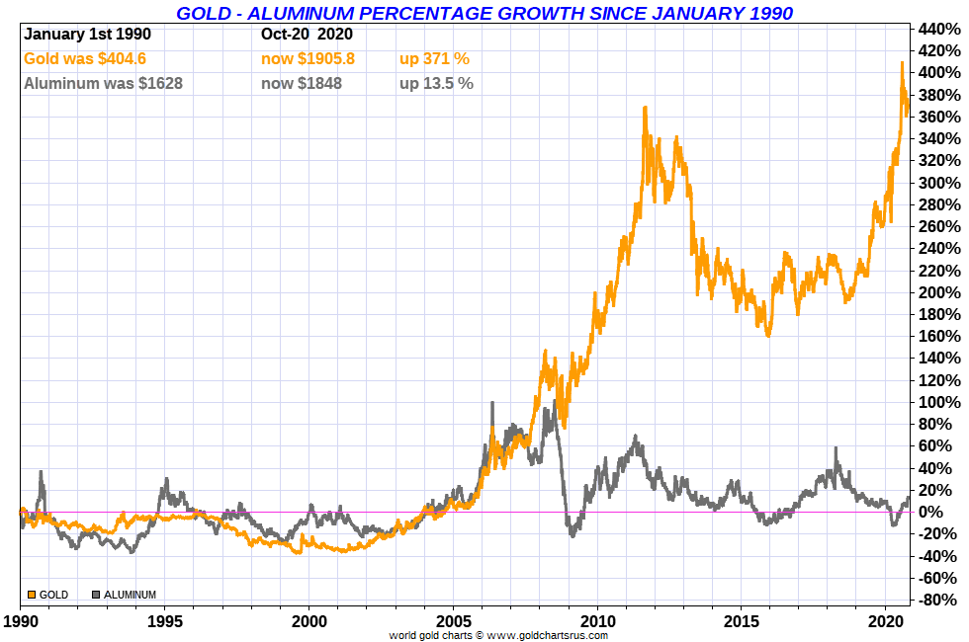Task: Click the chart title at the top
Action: tap(484, 13)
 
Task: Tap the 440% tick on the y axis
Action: tap(938, 29)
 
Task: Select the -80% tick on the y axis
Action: tap(938, 600)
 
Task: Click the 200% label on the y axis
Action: tap(938, 292)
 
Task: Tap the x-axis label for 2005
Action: tap(453, 623)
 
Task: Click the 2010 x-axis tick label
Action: tap(597, 623)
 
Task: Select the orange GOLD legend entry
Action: tap(48, 595)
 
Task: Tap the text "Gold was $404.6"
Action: tap(84, 59)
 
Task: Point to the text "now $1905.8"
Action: tap(308, 59)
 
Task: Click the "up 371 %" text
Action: tap(434, 59)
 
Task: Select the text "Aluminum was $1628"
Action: tap(103, 84)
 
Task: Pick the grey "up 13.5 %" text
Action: tap(436, 84)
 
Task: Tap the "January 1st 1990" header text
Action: tap(87, 34)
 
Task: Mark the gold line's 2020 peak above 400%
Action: tap(902, 63)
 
